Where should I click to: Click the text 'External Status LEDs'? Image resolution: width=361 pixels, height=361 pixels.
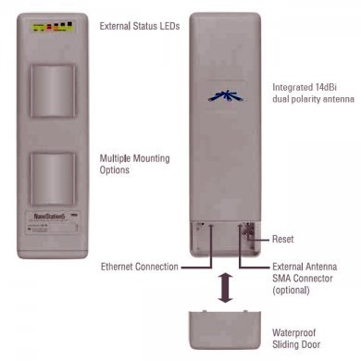click(x=139, y=27)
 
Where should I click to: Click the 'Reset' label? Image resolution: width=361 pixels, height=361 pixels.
click(x=283, y=239)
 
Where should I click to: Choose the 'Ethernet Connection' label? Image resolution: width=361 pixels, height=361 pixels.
click(x=139, y=267)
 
